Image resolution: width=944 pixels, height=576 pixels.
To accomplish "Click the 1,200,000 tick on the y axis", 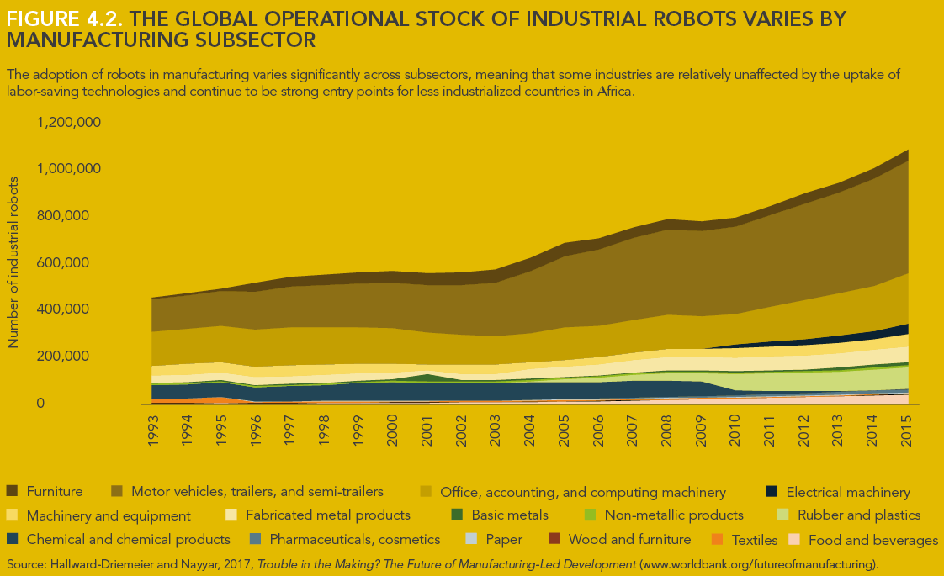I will pyautogui.click(x=70, y=122).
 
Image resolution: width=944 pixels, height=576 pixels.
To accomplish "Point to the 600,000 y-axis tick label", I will pyautogui.click(x=77, y=262).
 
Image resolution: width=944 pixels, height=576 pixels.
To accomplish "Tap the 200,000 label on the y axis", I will pyautogui.click(x=77, y=357).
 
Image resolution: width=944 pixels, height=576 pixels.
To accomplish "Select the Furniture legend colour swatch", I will pyautogui.click(x=12, y=491).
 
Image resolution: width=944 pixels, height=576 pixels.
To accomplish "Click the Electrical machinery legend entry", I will pyautogui.click(x=848, y=492).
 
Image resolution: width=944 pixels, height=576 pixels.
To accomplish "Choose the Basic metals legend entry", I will pyautogui.click(x=510, y=515).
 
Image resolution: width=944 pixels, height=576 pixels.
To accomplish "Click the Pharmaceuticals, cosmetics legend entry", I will pyautogui.click(x=355, y=539).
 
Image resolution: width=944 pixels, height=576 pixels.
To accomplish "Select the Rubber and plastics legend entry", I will pyautogui.click(x=859, y=515).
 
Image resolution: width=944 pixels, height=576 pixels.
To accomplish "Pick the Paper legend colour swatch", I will pyautogui.click(x=472, y=539).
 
